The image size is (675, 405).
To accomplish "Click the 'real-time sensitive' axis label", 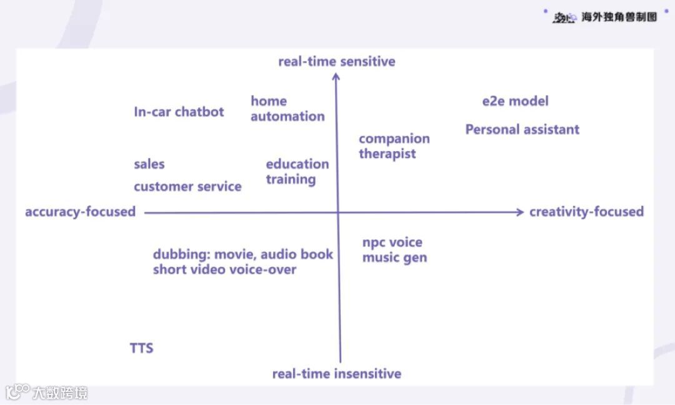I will click(336, 61).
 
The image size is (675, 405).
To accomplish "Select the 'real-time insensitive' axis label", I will click(336, 374).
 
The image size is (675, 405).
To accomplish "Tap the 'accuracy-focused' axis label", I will click(80, 212).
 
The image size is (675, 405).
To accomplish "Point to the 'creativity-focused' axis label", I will click(586, 212).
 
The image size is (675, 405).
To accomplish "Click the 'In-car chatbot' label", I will click(179, 112).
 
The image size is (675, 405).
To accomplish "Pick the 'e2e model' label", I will click(515, 101).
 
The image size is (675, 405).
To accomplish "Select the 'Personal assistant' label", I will click(522, 130).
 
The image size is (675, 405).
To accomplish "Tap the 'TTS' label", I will click(141, 348).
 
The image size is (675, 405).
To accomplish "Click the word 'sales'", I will click(149, 164).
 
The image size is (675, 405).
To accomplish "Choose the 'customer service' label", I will click(187, 187).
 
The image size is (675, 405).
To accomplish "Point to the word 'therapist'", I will click(387, 154).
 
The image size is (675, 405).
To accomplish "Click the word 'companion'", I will click(394, 139).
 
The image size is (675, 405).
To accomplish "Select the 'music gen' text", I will click(394, 258).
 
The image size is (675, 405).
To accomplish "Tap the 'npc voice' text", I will click(392, 242).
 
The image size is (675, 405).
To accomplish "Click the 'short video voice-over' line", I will click(224, 270).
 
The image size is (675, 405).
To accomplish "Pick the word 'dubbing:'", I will click(181, 255).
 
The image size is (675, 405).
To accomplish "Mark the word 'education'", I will click(297, 164).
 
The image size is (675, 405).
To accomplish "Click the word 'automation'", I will click(287, 116).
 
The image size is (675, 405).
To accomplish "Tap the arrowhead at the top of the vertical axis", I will click(336, 77).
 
